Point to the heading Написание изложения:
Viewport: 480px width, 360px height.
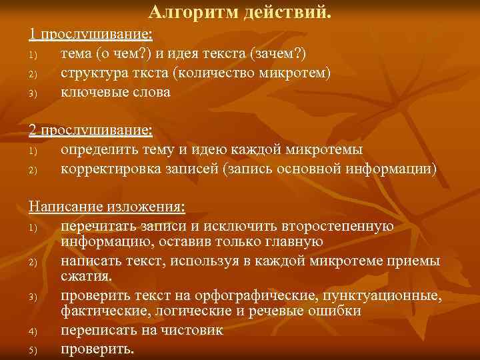(x=107, y=206)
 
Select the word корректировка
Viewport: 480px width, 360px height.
(x=106, y=169)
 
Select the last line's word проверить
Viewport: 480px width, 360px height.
(x=97, y=349)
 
